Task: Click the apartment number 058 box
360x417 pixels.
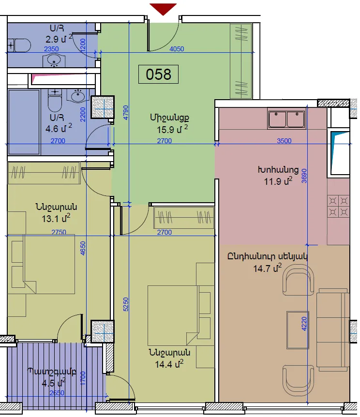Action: [158, 74]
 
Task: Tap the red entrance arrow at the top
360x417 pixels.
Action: [163, 9]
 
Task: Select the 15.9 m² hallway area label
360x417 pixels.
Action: [172, 130]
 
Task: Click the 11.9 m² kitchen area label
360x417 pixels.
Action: [278, 181]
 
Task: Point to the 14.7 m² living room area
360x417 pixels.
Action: [267, 268]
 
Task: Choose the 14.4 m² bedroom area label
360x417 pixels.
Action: [169, 364]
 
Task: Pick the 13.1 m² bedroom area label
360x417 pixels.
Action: [56, 218]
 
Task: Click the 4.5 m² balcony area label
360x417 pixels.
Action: [54, 383]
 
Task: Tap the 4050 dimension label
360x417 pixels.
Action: [177, 49]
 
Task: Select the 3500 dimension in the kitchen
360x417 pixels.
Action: [284, 141]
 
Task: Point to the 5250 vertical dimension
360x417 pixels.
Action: [126, 304]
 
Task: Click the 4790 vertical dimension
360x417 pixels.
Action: [126, 113]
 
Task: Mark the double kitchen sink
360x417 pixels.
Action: [286, 119]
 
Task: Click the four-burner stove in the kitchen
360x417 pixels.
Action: [338, 207]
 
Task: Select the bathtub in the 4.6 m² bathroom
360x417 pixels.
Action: [24, 122]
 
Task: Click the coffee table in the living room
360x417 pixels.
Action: [298, 330]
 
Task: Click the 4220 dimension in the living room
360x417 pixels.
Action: [304, 324]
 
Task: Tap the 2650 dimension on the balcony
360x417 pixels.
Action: [57, 392]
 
